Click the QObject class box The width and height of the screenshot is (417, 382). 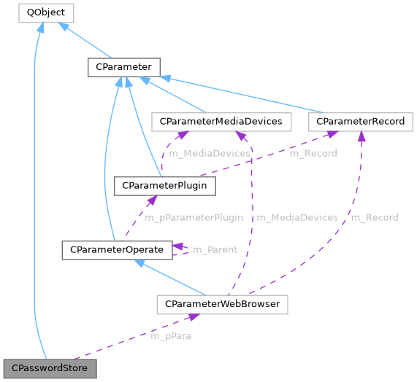(x=45, y=12)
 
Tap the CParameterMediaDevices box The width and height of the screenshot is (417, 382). (x=221, y=121)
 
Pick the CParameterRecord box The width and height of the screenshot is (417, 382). (x=361, y=121)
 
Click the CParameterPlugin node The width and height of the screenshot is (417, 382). (x=165, y=186)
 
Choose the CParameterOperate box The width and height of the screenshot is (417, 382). (x=117, y=250)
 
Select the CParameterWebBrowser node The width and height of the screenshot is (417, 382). (x=222, y=304)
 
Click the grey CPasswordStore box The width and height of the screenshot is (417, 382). (x=50, y=368)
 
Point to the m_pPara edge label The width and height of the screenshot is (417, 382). (x=170, y=337)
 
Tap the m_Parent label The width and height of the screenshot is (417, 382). (x=215, y=250)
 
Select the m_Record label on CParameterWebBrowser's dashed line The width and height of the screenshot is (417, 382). (x=374, y=217)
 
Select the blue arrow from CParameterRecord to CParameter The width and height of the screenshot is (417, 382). (x=241, y=93)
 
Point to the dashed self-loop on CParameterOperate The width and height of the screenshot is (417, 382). (x=183, y=250)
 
